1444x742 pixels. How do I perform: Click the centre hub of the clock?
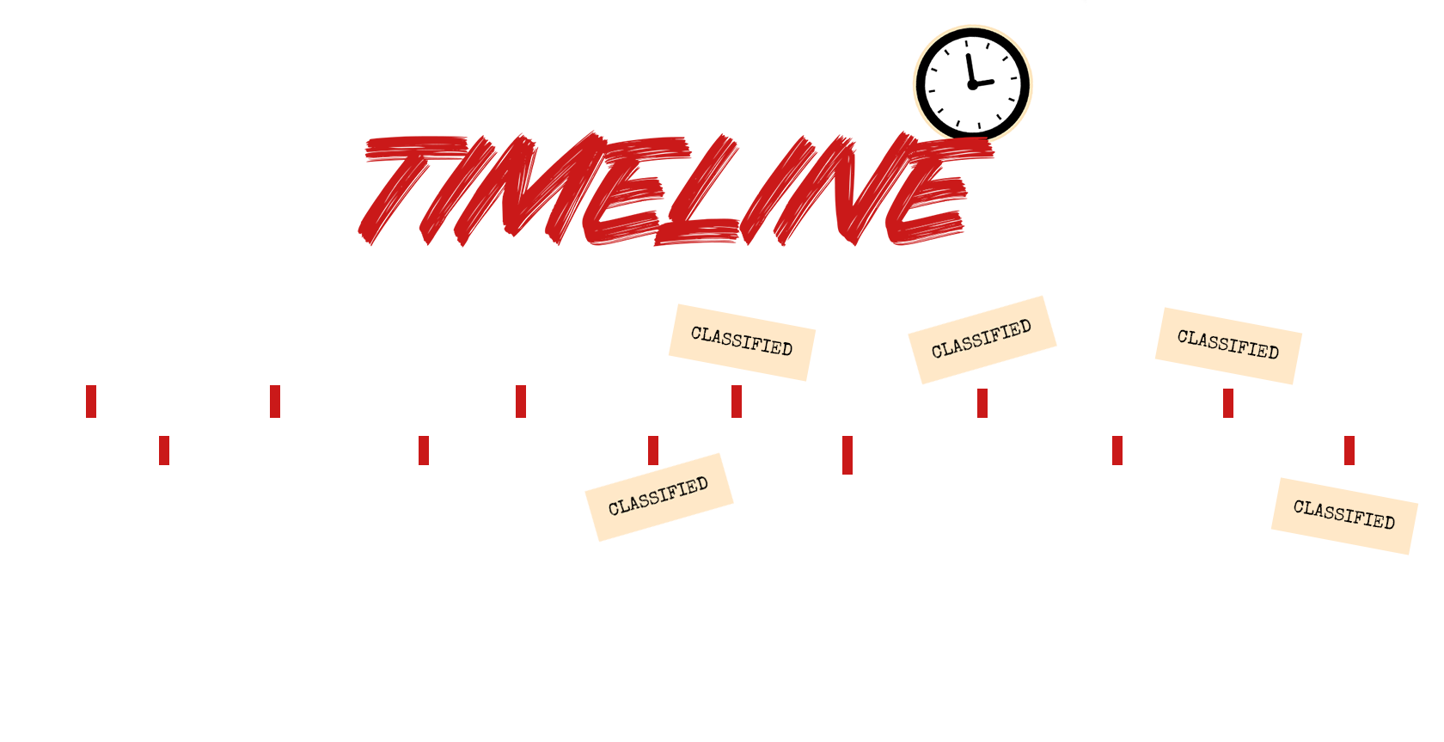972,84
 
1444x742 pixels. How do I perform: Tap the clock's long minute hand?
970,68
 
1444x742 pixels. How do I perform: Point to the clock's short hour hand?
984,83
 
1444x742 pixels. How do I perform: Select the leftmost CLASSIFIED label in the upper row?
742,342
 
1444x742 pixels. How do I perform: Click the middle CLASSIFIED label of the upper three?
982,340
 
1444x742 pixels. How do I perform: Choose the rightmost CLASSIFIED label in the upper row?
1228,346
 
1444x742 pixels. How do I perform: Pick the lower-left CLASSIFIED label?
658,497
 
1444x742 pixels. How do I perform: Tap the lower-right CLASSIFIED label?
1344,516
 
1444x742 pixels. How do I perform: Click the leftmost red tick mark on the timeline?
91,402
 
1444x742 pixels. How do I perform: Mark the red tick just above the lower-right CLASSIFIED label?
1349,451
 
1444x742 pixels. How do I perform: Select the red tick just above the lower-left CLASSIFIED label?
653,451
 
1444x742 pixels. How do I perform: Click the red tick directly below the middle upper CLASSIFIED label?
982,403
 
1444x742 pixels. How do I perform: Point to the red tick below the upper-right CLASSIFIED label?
1228,403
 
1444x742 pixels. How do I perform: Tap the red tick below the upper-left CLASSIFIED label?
737,402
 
